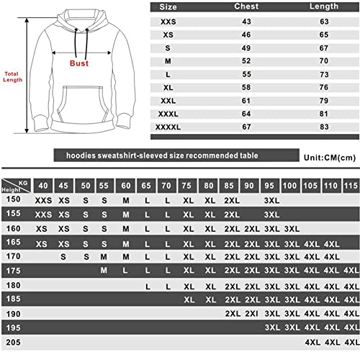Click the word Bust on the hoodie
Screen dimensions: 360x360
coord(78,63)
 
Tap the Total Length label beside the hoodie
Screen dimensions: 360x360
coord(12,76)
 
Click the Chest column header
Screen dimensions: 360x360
coord(246,6)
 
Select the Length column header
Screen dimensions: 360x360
coord(309,6)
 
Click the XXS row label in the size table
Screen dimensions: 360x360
coord(169,22)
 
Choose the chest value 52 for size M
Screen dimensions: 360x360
coord(246,61)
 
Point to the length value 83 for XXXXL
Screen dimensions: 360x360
coord(309,127)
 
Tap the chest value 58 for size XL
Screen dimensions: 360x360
coord(246,87)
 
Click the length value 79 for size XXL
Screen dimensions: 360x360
coord(309,100)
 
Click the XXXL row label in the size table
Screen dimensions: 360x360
coord(169,114)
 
